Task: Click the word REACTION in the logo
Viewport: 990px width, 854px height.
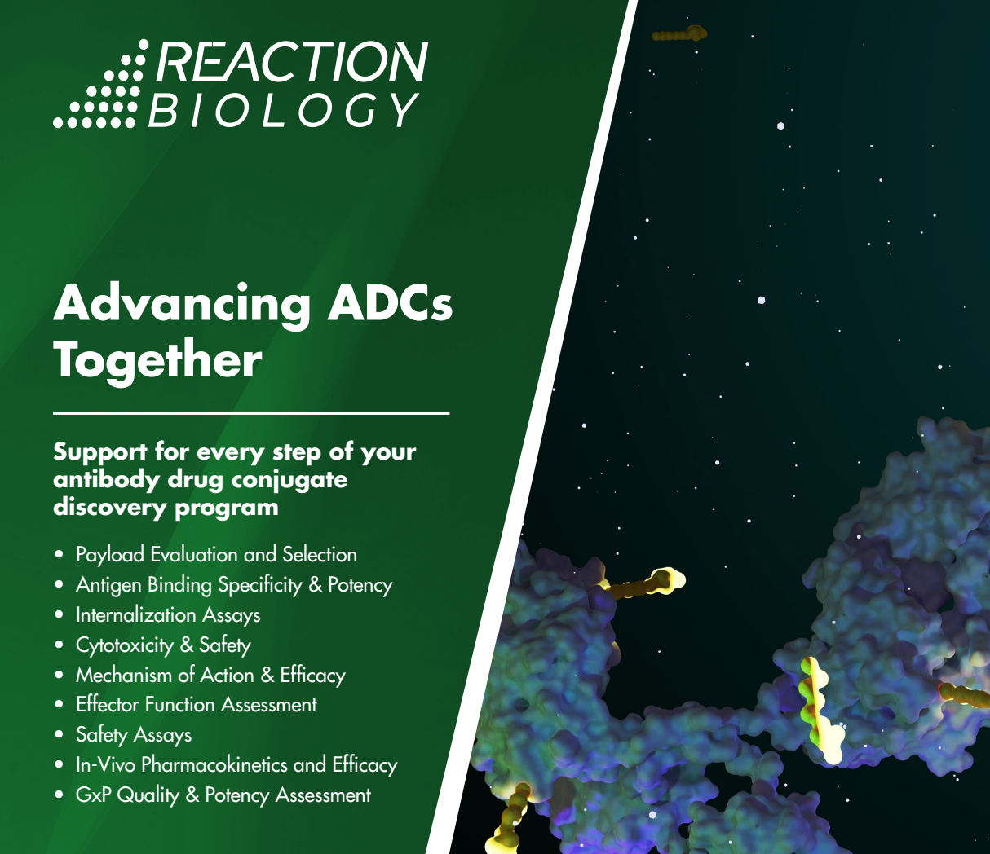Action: click(x=291, y=62)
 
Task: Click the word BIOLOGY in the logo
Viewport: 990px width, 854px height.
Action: click(x=283, y=110)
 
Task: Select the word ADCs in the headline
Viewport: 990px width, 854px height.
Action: click(x=390, y=304)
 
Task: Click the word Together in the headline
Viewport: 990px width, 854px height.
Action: click(x=157, y=359)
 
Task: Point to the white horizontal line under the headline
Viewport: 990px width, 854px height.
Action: click(x=251, y=413)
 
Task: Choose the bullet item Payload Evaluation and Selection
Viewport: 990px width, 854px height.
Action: click(x=216, y=555)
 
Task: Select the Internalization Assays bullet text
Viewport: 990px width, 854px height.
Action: click(x=168, y=615)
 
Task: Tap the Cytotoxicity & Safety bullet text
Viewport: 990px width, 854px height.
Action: click(x=163, y=645)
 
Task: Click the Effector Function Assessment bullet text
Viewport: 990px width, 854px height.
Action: click(x=196, y=705)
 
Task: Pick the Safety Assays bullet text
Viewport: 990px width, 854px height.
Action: click(x=134, y=735)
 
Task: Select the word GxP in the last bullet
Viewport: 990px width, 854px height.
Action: click(x=93, y=795)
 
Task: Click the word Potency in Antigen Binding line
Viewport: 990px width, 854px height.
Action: click(x=360, y=585)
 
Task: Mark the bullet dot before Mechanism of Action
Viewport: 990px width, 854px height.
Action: click(x=59, y=676)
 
